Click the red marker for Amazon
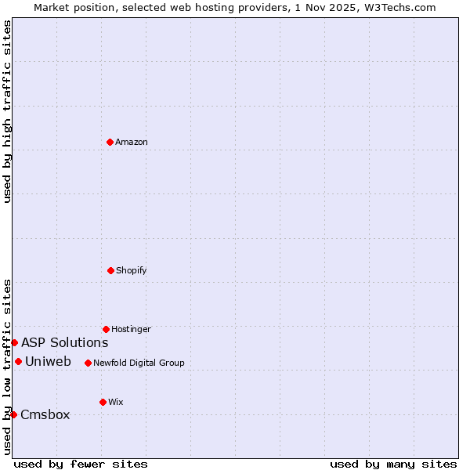tap(110, 142)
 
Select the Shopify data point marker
tap(110, 270)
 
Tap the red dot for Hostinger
tap(106, 329)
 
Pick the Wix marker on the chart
tap(103, 402)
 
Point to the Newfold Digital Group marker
tap(88, 363)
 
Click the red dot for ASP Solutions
tap(14, 342)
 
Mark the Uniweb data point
tap(18, 361)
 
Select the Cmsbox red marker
tap(13, 414)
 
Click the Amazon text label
tap(132, 143)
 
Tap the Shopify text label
tap(132, 271)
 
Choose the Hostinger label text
tap(131, 330)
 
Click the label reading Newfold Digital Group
tap(139, 363)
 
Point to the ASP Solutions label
tap(64, 343)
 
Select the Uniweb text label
tap(48, 362)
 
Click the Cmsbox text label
tap(45, 415)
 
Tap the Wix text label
tap(116, 403)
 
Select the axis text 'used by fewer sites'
tap(81, 465)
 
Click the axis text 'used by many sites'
tap(393, 465)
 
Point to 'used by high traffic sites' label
tap(7, 111)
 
